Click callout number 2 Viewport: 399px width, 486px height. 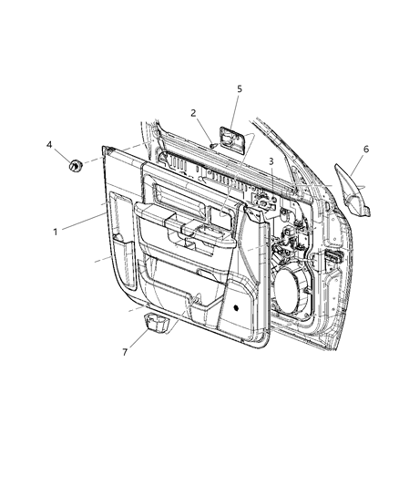pos(194,113)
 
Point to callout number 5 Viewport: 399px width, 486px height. pos(239,89)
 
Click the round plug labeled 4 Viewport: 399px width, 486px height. pos(76,165)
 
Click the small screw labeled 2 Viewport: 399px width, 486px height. pos(210,140)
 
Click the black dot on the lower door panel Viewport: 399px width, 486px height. pos(236,307)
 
